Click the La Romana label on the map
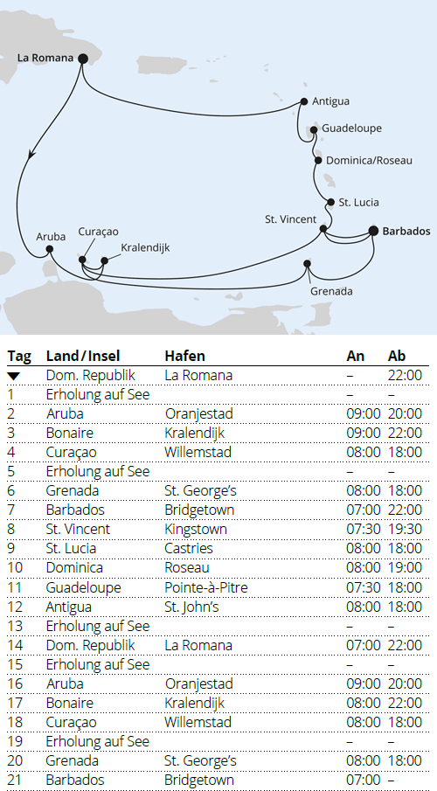click(44, 59)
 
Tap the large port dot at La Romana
click(83, 59)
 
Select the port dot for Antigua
click(303, 101)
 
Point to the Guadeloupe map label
click(351, 128)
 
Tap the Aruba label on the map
click(50, 237)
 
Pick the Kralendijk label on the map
click(145, 248)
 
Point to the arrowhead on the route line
click(31, 154)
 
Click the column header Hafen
click(184, 356)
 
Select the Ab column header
click(397, 356)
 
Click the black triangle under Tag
click(13, 376)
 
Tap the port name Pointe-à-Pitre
click(206, 587)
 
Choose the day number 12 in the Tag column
click(13, 607)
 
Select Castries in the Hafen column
click(189, 549)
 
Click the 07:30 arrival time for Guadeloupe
click(364, 587)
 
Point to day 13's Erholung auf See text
click(98, 626)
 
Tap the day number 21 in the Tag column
click(13, 780)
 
